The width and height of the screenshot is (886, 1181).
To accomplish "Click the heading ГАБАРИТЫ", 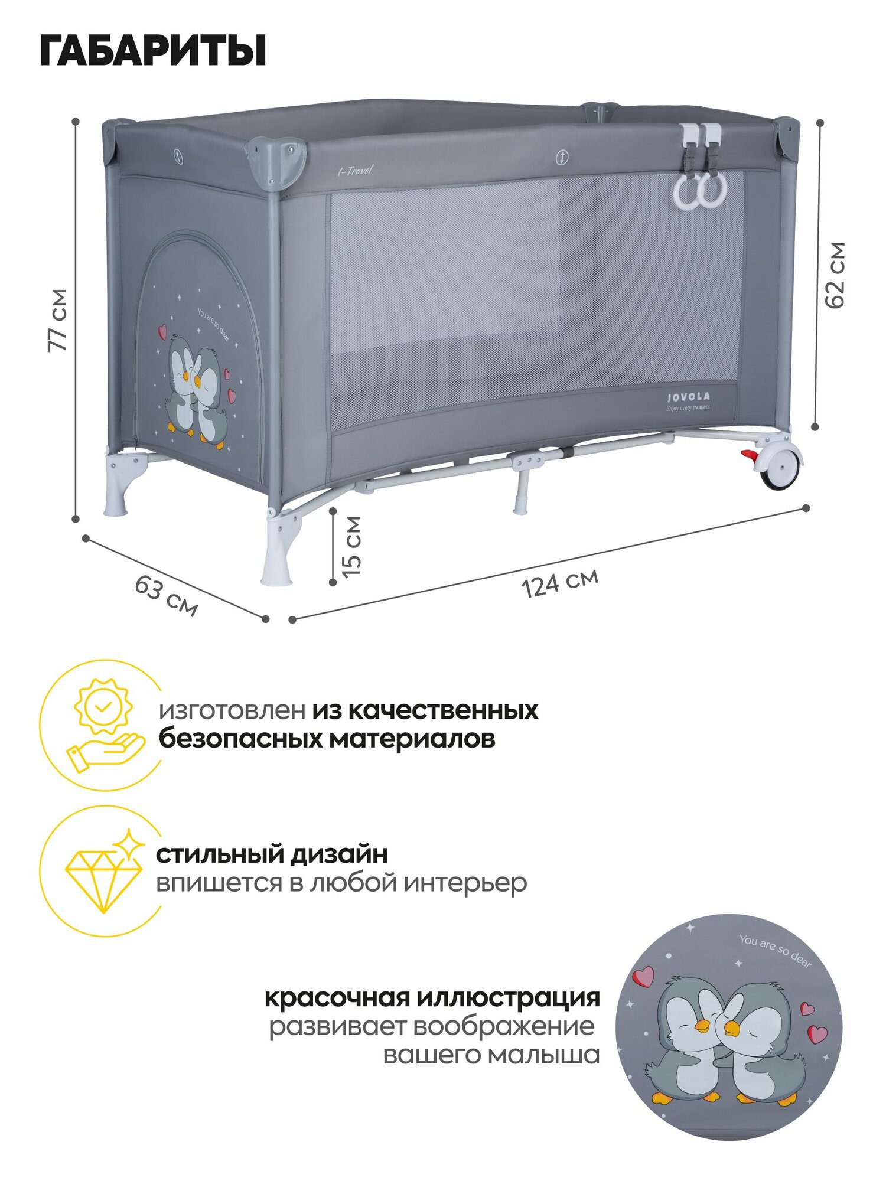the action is tap(153, 51).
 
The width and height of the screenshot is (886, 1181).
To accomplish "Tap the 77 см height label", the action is tap(58, 321).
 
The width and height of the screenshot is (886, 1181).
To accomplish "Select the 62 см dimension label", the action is tap(835, 275).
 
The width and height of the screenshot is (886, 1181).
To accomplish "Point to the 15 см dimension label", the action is tap(352, 547).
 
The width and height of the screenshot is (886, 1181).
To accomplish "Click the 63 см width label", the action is tap(166, 595).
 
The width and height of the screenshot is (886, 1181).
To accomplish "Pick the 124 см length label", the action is tap(560, 583).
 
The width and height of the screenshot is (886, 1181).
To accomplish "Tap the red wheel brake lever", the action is tap(749, 456).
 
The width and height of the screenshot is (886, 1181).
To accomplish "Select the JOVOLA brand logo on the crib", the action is tap(688, 397).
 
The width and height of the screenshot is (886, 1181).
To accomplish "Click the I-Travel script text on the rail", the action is tap(355, 171).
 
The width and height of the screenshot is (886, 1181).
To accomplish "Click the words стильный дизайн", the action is tap(272, 854).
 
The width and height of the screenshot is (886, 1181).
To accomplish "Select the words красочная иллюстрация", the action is tap(432, 999).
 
